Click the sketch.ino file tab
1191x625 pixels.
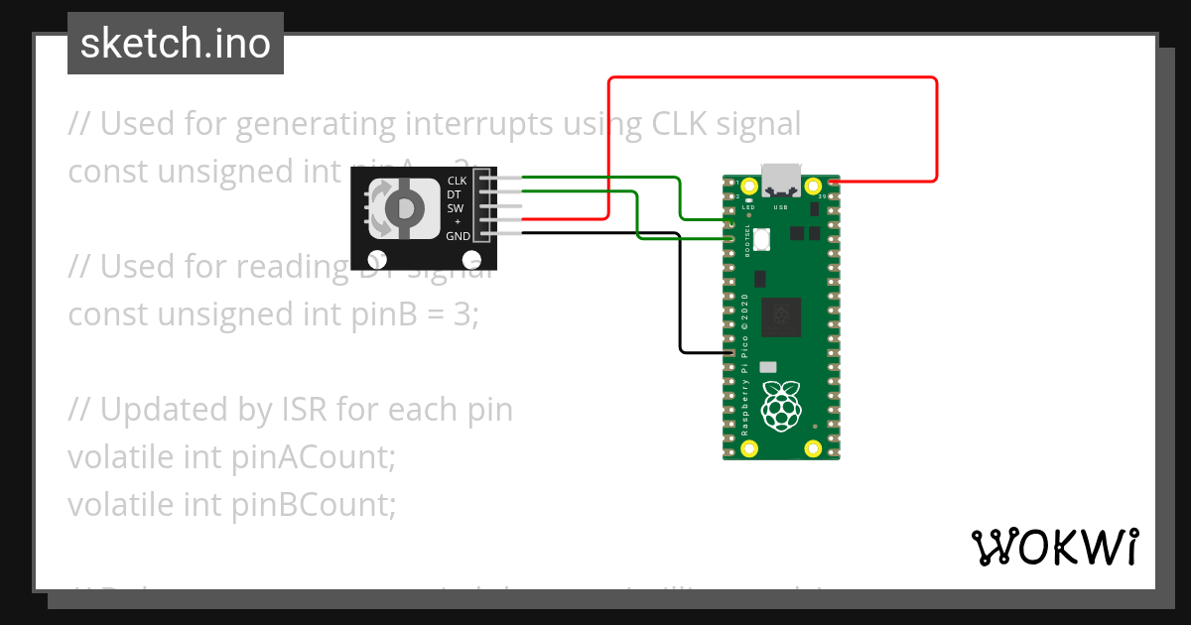(x=176, y=44)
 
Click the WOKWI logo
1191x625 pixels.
(x=1053, y=547)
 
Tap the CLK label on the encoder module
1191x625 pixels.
(x=457, y=181)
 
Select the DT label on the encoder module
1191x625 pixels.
(x=455, y=194)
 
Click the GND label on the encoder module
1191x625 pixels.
(x=458, y=236)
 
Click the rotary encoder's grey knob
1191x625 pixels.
(x=404, y=208)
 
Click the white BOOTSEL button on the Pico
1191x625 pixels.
(x=762, y=239)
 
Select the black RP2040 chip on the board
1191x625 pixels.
(x=781, y=317)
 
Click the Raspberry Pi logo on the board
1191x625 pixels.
(x=781, y=406)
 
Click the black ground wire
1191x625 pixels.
(x=680, y=298)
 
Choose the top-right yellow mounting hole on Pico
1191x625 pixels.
(x=813, y=186)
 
